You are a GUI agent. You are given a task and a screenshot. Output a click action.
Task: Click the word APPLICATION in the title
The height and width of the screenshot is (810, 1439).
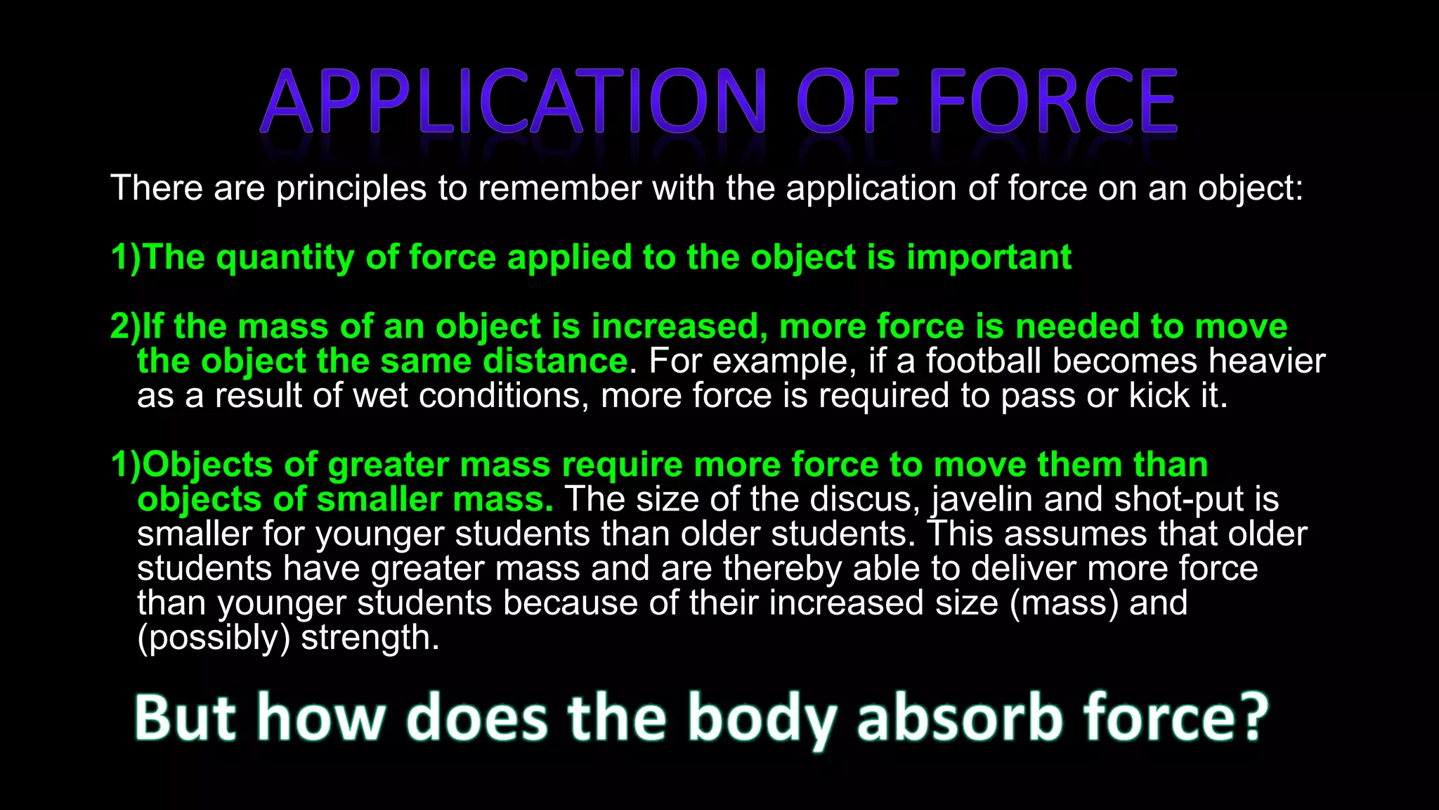[x=513, y=102]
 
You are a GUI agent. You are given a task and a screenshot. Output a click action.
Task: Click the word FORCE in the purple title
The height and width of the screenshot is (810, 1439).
[x=1053, y=102]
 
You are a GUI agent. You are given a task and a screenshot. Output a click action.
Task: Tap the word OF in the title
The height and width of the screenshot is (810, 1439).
[x=847, y=102]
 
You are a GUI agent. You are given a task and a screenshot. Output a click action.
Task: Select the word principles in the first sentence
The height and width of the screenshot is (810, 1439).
[x=351, y=188]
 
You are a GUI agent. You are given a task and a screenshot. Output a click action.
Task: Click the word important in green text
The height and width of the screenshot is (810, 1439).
[x=989, y=257]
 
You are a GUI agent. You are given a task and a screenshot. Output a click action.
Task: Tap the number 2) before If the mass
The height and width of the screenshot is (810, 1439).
[x=126, y=327]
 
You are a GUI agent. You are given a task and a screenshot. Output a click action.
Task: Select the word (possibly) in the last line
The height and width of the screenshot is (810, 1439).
[x=214, y=638]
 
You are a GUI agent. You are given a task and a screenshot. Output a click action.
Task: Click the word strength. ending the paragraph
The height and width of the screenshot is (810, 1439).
[x=370, y=638]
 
